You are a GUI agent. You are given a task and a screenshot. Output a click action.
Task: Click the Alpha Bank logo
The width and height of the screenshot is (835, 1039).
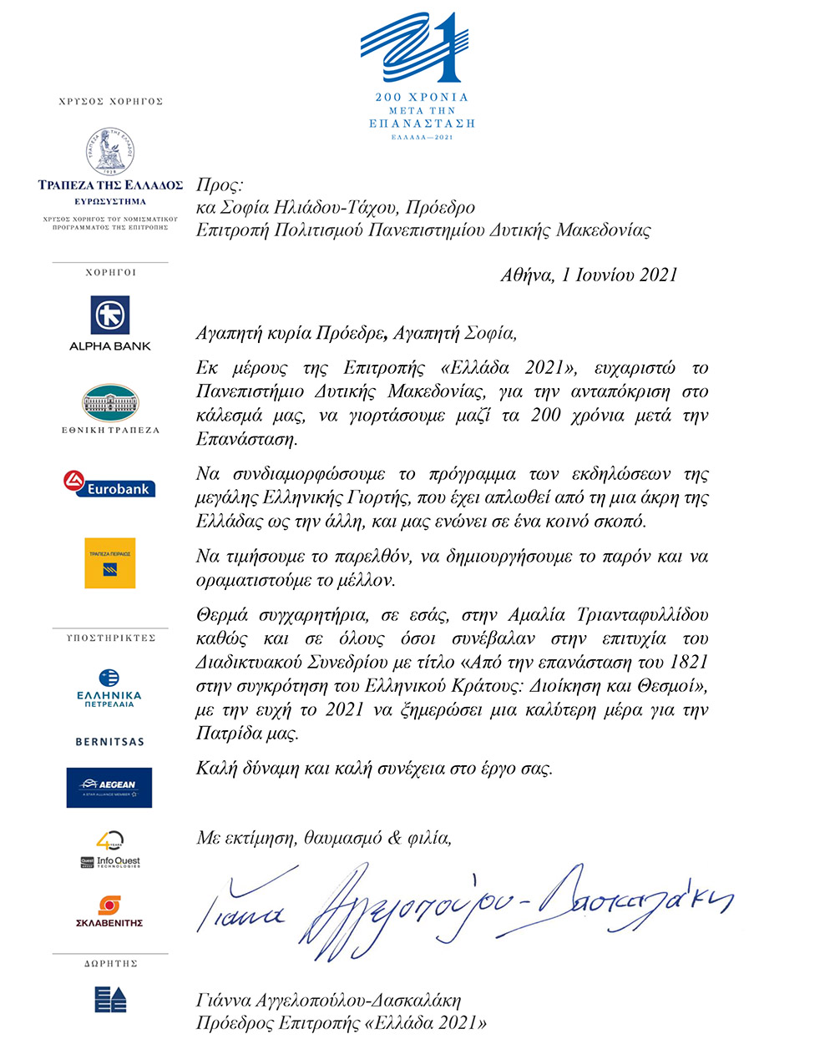(x=110, y=316)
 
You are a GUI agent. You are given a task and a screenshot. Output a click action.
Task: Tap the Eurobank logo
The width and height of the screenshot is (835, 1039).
(x=109, y=484)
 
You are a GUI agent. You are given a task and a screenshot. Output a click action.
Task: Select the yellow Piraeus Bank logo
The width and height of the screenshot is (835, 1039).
(x=109, y=563)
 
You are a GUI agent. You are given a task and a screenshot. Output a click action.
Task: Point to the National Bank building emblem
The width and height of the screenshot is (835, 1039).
(x=110, y=403)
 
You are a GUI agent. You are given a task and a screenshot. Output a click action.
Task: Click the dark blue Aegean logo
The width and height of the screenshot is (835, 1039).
(x=109, y=787)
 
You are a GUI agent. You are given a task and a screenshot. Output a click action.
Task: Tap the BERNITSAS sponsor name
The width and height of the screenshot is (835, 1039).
(x=109, y=742)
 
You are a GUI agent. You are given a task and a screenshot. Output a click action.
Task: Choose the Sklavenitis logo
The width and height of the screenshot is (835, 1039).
(x=109, y=911)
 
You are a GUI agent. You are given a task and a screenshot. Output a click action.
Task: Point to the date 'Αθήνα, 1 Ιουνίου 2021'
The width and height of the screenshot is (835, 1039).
(x=589, y=275)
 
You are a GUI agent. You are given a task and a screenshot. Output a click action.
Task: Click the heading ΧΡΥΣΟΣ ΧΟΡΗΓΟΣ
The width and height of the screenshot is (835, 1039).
(x=111, y=102)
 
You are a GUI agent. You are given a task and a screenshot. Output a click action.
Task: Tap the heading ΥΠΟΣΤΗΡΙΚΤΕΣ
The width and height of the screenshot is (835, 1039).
(x=111, y=638)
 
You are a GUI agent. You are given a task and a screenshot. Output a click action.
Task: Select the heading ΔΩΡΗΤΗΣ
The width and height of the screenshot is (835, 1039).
(x=110, y=964)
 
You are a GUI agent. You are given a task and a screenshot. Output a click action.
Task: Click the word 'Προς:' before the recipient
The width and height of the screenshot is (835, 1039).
(x=219, y=185)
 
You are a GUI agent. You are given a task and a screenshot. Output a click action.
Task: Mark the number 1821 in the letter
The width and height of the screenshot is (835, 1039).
(x=688, y=663)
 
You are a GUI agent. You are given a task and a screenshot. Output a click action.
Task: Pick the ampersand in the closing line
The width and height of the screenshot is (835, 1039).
(x=395, y=838)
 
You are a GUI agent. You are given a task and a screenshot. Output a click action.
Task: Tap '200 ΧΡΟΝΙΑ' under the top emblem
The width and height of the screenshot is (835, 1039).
(x=422, y=98)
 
